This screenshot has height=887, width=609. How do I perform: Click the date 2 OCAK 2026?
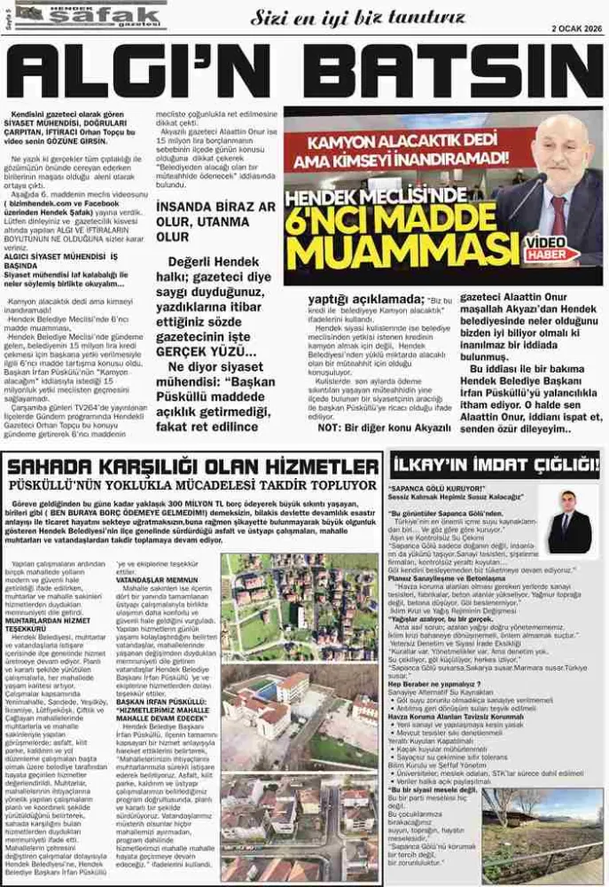pos(576,27)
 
